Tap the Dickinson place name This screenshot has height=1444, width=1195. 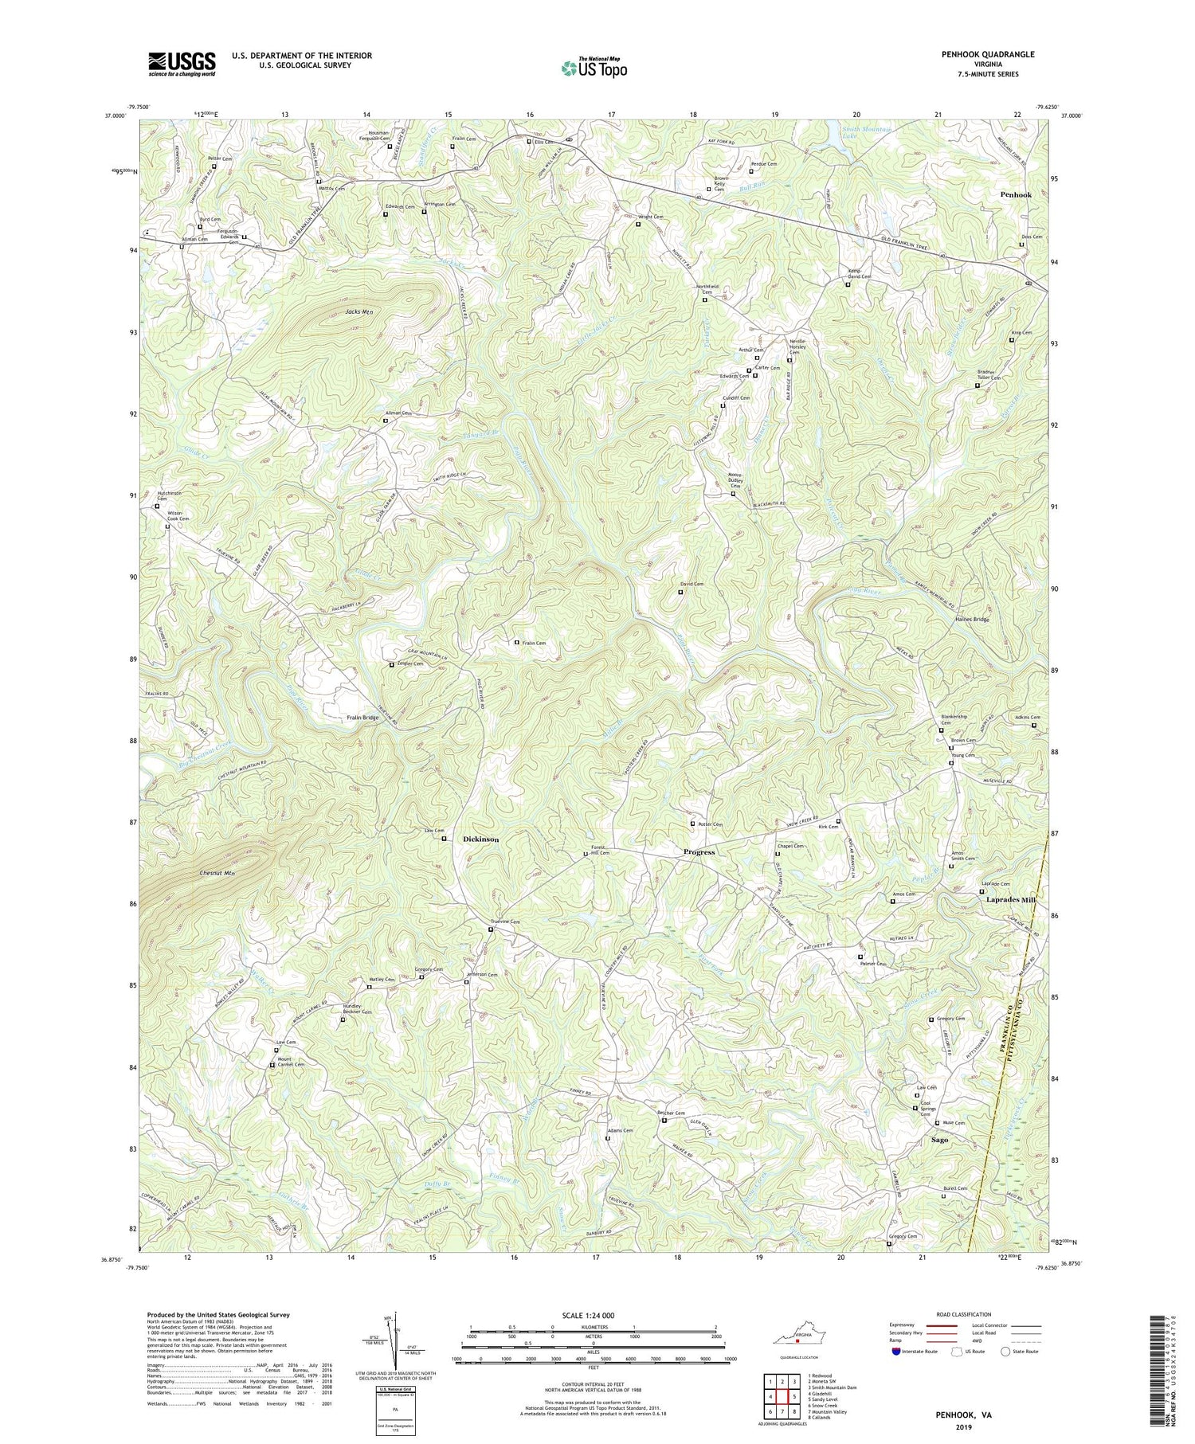click(x=481, y=839)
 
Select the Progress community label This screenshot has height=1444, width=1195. click(x=699, y=851)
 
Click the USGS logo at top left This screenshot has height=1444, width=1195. click(x=182, y=64)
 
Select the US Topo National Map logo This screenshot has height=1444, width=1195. click(x=594, y=68)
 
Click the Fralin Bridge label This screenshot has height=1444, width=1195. click(x=362, y=718)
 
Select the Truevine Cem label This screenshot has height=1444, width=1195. click(x=504, y=922)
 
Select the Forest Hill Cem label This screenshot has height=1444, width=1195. click(x=600, y=850)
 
